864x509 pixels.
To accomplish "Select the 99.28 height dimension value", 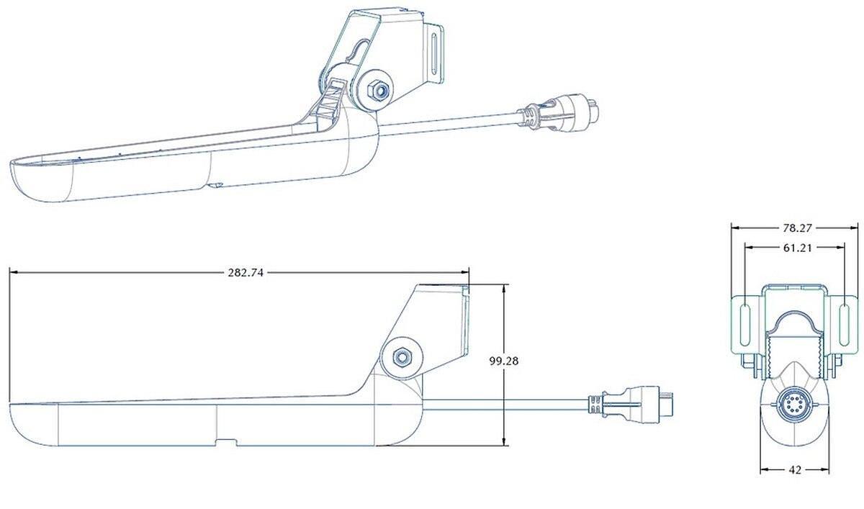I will [504, 361].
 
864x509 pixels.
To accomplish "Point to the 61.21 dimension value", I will [796, 248].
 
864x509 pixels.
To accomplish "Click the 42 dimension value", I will [796, 470].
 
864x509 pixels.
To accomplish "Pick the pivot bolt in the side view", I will [401, 356].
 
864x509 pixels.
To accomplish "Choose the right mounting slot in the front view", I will [842, 325].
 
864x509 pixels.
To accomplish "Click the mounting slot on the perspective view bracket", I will [435, 55].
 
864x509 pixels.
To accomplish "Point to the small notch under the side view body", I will [227, 441].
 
